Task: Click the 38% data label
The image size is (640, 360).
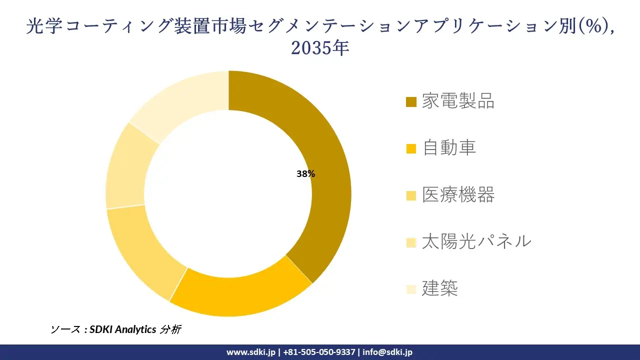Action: coord(305,174)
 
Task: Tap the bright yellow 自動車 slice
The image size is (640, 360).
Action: coord(240,295)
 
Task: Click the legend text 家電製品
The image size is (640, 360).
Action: coord(458,101)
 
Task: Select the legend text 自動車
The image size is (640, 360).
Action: coord(449,147)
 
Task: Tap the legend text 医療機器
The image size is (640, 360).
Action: coord(458,194)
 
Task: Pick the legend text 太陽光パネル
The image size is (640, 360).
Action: coord(476,241)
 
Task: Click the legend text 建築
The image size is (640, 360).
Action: coord(439,288)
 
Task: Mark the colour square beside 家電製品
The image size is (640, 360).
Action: coord(411,102)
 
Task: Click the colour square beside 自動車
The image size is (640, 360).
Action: coord(411,148)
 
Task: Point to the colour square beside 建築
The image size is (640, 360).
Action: coord(411,289)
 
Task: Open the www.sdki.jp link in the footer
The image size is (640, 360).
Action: coord(251,352)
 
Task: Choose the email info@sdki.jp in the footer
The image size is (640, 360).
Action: coord(387,352)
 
